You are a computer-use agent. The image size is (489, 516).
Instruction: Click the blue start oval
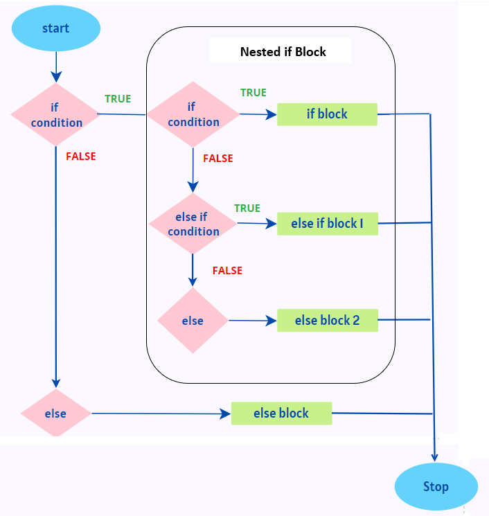tap(55, 28)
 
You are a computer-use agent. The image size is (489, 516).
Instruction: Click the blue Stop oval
tap(436, 486)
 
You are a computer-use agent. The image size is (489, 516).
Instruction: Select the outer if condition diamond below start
tap(55, 115)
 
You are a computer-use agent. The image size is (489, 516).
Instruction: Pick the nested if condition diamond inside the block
tap(193, 114)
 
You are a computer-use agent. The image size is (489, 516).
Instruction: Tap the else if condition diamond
tap(193, 224)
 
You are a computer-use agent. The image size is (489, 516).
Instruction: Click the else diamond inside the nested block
tap(193, 321)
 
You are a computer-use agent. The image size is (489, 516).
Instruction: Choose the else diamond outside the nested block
tap(55, 413)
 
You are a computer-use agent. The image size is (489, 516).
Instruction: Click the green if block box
tap(327, 114)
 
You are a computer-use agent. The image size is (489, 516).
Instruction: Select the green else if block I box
tap(328, 224)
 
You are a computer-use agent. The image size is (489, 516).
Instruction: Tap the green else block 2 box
tap(328, 321)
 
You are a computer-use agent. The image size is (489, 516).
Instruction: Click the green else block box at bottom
tap(281, 413)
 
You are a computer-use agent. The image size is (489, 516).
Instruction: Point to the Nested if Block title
tap(283, 52)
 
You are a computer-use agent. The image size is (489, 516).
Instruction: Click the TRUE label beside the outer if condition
tap(118, 99)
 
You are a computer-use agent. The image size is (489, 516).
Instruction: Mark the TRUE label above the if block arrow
tap(253, 93)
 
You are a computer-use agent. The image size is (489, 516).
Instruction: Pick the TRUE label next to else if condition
tap(247, 208)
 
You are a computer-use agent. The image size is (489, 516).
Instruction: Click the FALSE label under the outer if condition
tap(81, 157)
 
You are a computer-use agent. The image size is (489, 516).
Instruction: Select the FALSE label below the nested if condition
tap(217, 159)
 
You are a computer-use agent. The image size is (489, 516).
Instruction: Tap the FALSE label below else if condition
tap(227, 271)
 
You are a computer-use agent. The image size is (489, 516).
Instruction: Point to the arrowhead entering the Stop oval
tap(435, 456)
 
